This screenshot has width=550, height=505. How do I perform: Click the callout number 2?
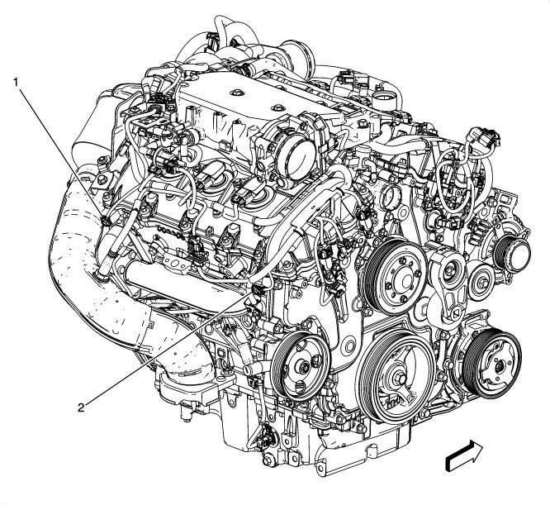[82, 406]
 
